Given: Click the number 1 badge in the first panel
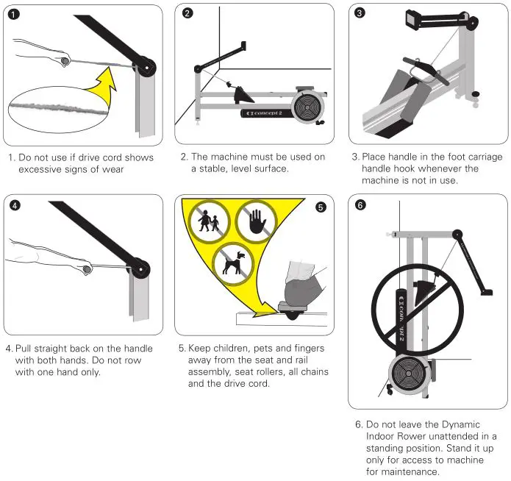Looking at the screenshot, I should pos(15,15).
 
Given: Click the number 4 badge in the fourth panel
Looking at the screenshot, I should pos(15,206).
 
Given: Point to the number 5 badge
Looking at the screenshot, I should pos(321,207).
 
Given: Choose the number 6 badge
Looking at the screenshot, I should pos(360,206).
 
